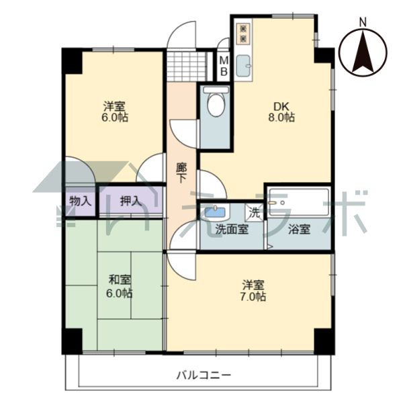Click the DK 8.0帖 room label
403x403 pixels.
pyautogui.click(x=281, y=111)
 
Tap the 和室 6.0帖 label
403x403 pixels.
pyautogui.click(x=120, y=287)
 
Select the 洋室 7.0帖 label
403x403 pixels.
pyautogui.click(x=253, y=291)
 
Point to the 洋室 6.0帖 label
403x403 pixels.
pyautogui.click(x=115, y=111)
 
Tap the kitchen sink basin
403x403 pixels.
pyautogui.click(x=243, y=66)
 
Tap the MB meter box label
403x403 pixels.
pyautogui.click(x=224, y=66)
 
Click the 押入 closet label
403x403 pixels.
pyautogui.click(x=131, y=201)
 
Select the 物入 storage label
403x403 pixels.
pyautogui.click(x=81, y=201)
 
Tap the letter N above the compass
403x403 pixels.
pyautogui.click(x=363, y=23)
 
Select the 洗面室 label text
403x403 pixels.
pyautogui.click(x=232, y=229)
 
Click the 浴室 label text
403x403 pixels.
pyautogui.click(x=299, y=229)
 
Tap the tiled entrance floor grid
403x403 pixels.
pyautogui.click(x=187, y=66)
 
